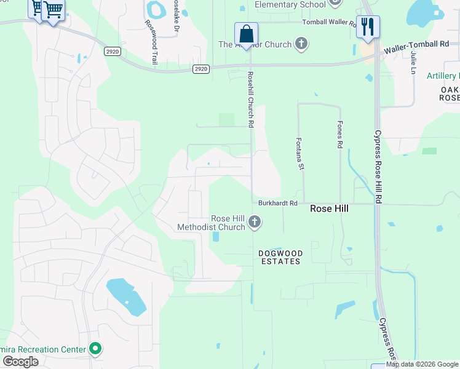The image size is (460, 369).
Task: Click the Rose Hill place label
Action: [x=329, y=209]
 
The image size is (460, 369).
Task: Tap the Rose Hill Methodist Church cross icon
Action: [x=255, y=222]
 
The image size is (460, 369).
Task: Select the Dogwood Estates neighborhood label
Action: [x=279, y=256]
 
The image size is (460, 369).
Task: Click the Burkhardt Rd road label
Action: [x=277, y=202]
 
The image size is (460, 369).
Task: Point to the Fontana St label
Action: [x=301, y=153]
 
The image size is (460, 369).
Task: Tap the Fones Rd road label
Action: [x=339, y=134]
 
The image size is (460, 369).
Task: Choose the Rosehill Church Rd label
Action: [x=250, y=99]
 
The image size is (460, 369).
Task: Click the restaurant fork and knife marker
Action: [x=368, y=26]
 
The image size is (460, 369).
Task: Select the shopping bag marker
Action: [x=246, y=33]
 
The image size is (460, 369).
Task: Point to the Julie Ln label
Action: [x=413, y=62]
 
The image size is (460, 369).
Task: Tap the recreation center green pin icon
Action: [x=95, y=349]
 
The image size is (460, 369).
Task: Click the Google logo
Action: [x=20, y=362]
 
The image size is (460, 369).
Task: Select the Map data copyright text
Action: [x=422, y=365]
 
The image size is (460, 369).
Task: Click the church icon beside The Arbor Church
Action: [x=301, y=44]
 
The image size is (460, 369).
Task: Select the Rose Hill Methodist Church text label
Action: [x=211, y=223]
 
